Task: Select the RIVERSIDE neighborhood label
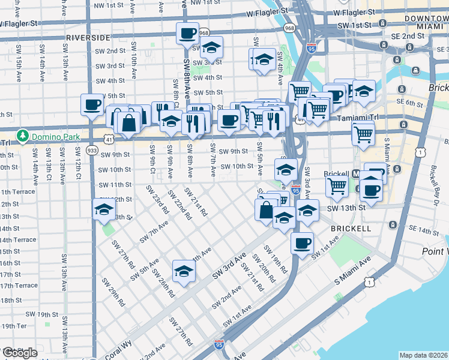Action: (x=88, y=37)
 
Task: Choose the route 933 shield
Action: (x=92, y=149)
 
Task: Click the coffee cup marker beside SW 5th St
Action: (x=92, y=104)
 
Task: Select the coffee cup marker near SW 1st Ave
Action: (x=302, y=243)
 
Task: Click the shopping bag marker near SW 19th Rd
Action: (x=265, y=211)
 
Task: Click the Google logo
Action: (x=19, y=353)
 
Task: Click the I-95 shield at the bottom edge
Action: (x=220, y=345)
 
